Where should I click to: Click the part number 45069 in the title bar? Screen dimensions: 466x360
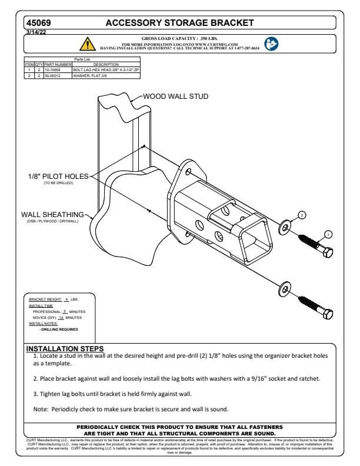[38, 23]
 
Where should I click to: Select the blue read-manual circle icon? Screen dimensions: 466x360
[271, 44]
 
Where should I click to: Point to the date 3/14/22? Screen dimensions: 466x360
[35, 32]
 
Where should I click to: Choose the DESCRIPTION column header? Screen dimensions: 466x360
[106, 64]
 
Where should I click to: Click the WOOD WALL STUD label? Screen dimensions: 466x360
[176, 96]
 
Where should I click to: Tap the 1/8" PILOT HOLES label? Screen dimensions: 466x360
[57, 176]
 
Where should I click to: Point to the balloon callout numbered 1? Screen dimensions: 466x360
[328, 234]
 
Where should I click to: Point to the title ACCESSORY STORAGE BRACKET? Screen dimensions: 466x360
[179, 23]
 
